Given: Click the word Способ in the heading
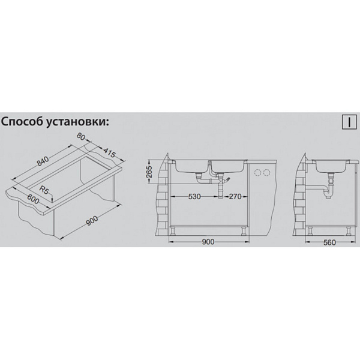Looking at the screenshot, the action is [x=22, y=122].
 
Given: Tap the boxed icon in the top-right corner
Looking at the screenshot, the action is [x=349, y=122].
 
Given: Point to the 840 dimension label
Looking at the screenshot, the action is [x=43, y=161].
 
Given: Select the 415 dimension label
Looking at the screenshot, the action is [x=109, y=153].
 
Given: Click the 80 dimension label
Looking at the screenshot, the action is [x=80, y=137].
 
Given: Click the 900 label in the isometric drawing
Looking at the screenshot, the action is [x=92, y=221].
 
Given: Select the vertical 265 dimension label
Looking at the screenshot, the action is [x=149, y=171].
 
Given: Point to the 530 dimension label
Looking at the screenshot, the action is [x=194, y=197].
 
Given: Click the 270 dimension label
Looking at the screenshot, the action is [x=235, y=197].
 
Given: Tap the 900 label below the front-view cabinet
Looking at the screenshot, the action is [x=208, y=242].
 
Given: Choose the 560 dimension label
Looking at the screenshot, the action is [x=329, y=242].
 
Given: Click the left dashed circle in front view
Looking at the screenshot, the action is [x=258, y=172].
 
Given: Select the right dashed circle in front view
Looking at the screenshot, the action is [x=266, y=172].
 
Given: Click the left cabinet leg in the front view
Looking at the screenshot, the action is [x=173, y=230].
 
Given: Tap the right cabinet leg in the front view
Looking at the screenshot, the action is [x=244, y=230].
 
